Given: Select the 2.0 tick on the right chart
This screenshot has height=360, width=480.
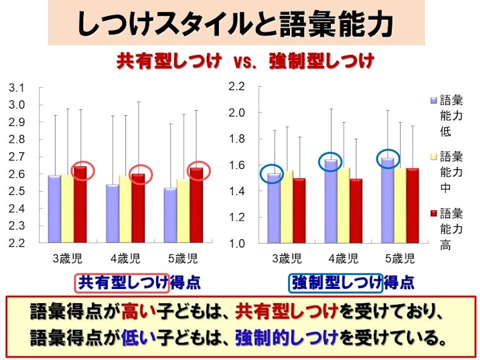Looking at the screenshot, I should (238, 113).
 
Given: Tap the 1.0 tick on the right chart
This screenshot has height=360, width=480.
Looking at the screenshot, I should (238, 244).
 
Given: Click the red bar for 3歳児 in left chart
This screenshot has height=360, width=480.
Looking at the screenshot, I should (80, 205).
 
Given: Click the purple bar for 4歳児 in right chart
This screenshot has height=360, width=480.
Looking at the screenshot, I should (331, 201).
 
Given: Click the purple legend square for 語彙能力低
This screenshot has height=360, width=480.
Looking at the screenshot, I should (434, 100).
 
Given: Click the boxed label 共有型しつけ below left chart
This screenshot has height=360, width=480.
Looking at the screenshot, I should (122, 282).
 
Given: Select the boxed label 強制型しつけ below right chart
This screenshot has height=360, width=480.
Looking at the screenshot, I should (335, 282).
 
